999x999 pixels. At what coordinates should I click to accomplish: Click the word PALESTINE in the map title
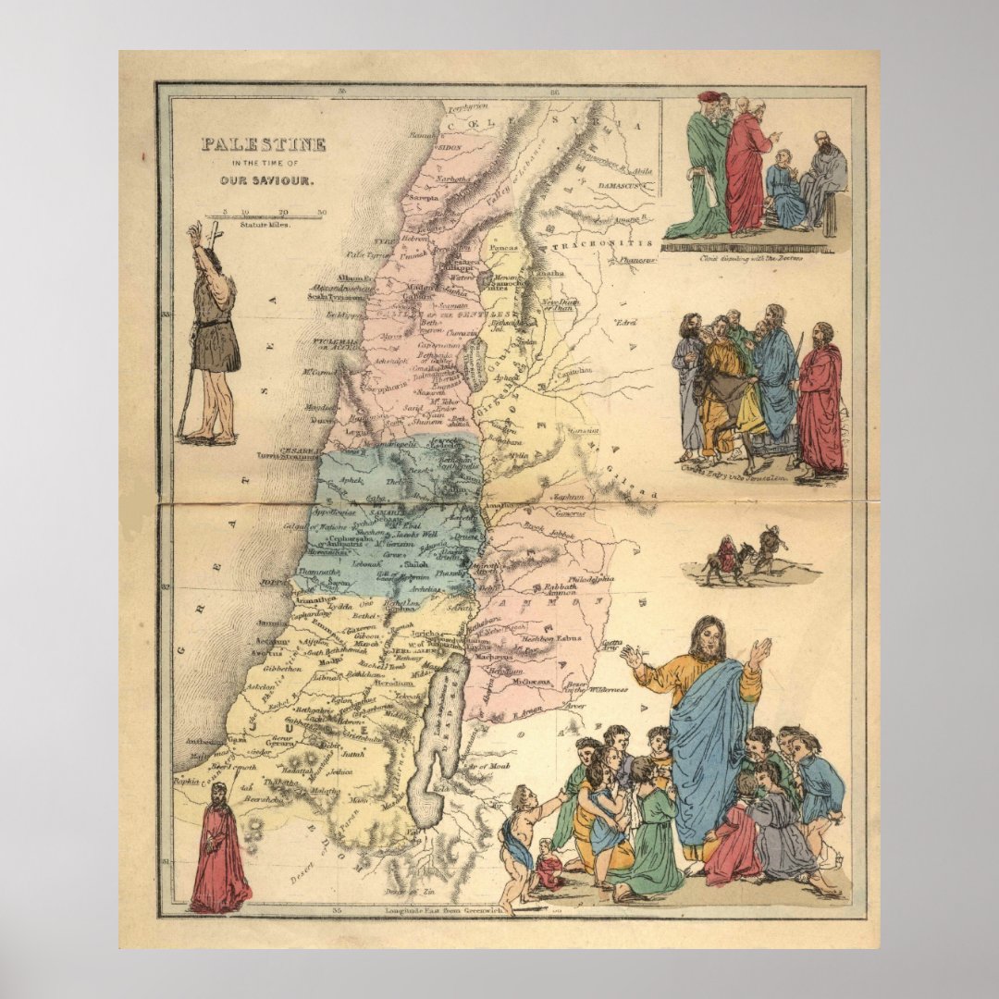click(264, 144)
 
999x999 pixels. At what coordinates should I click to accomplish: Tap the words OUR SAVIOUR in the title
click(262, 180)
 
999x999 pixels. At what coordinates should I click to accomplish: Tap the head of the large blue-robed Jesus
click(709, 638)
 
